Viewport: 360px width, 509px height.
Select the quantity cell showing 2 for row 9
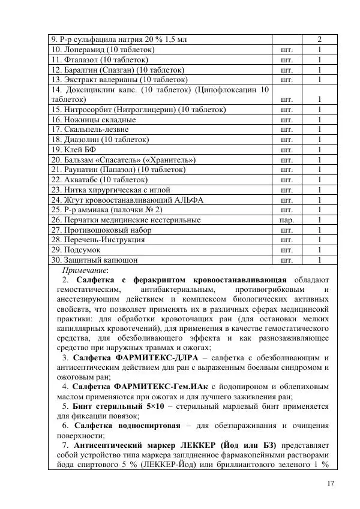pyautogui.click(x=319, y=40)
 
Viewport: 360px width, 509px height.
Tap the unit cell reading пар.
pyautogui.click(x=286, y=219)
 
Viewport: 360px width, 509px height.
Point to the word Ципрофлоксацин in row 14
pyautogui.click(x=229, y=90)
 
